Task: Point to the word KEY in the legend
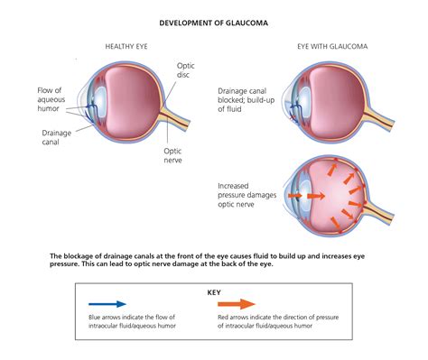pos(213,293)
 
